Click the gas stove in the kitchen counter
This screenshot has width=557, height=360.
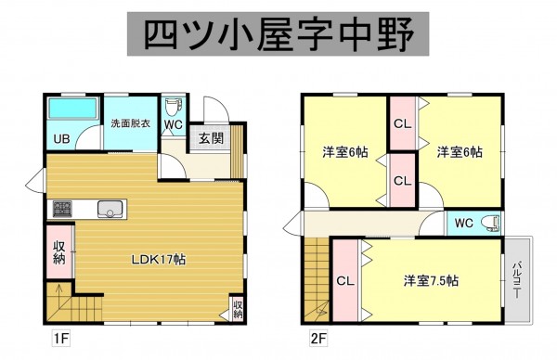click(62, 209)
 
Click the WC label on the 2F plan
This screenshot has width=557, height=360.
click(465, 224)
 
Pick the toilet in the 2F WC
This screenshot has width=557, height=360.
click(491, 223)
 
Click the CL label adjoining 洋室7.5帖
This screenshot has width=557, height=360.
click(343, 279)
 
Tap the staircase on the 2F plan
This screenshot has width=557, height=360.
click(316, 278)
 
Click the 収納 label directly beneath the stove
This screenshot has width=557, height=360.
click(58, 251)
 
